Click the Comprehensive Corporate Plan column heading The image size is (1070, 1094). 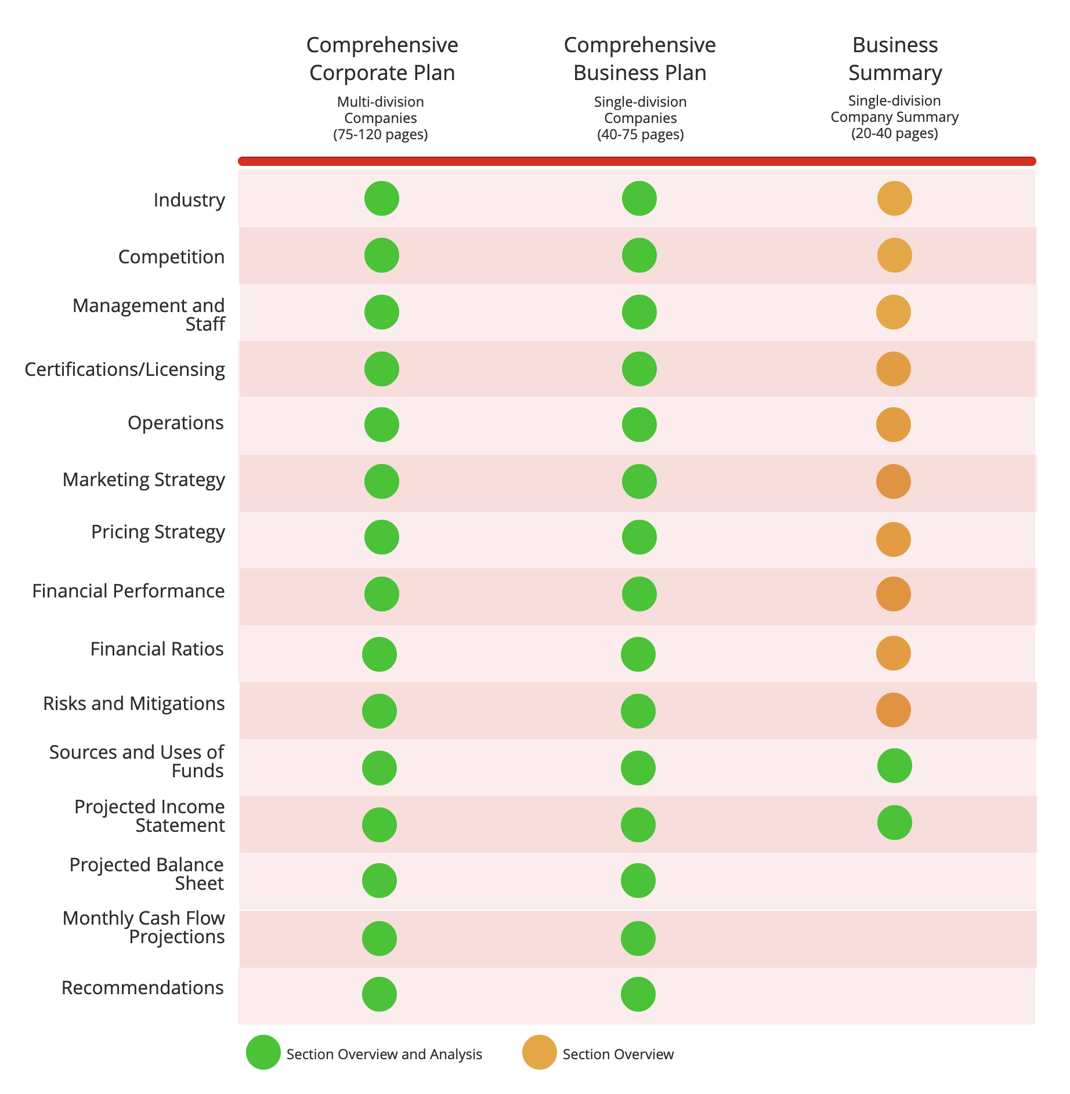[x=382, y=59]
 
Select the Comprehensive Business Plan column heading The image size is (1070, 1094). [x=639, y=59]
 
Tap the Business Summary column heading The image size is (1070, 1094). [x=895, y=59]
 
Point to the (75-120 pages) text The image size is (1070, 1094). [x=381, y=135]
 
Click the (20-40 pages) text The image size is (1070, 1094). [x=895, y=133]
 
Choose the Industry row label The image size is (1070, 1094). [x=189, y=200]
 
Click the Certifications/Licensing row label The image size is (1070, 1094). [x=125, y=369]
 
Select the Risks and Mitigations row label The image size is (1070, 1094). [x=134, y=703]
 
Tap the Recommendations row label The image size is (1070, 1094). [x=143, y=987]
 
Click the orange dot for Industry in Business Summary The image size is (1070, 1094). [x=894, y=198]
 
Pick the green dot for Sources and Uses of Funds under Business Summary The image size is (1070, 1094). [x=894, y=766]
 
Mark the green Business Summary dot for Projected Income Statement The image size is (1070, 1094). [x=894, y=823]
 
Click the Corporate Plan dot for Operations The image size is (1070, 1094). [x=381, y=425]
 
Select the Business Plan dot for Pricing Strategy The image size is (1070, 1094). [x=639, y=537]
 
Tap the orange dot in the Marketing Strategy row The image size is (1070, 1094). [x=893, y=481]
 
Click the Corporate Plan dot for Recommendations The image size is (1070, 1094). [x=379, y=994]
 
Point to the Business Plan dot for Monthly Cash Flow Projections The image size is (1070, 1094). [x=638, y=939]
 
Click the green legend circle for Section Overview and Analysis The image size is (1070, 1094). [x=263, y=1052]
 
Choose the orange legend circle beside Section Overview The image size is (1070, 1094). [x=540, y=1052]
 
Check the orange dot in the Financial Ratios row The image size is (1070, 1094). [x=893, y=653]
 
